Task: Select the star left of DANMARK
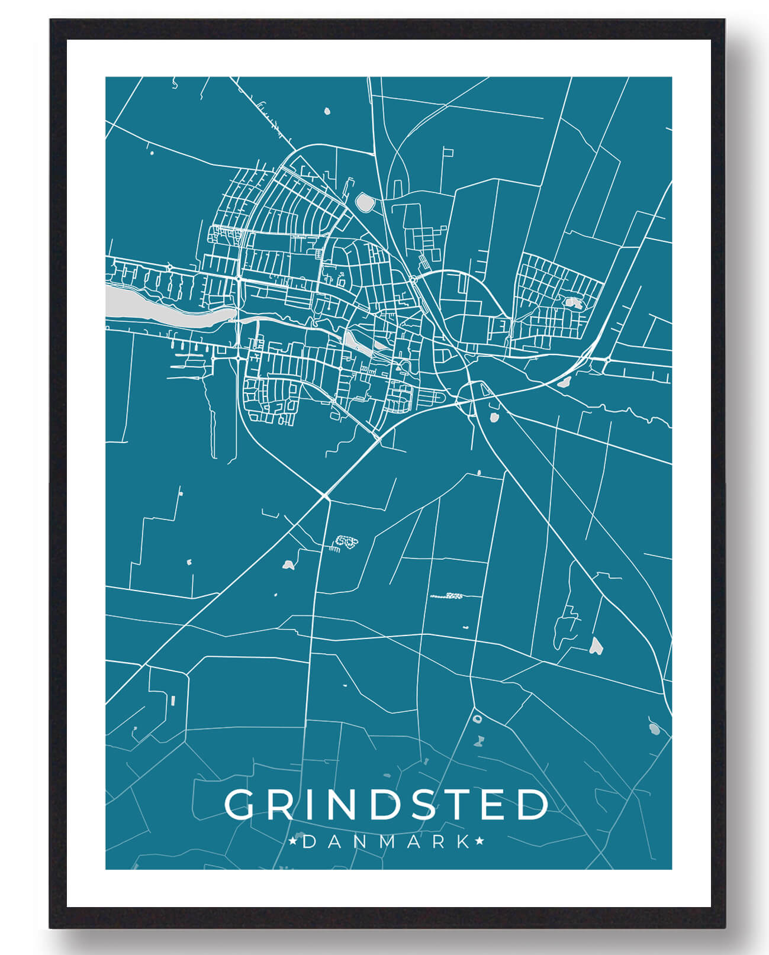pyautogui.click(x=292, y=841)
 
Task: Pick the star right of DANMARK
pyautogui.click(x=479, y=841)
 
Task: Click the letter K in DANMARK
pyautogui.click(x=464, y=841)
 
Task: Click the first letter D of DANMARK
pyautogui.click(x=310, y=841)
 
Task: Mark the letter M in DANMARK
pyautogui.click(x=386, y=841)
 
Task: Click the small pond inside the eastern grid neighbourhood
pyautogui.click(x=572, y=302)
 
